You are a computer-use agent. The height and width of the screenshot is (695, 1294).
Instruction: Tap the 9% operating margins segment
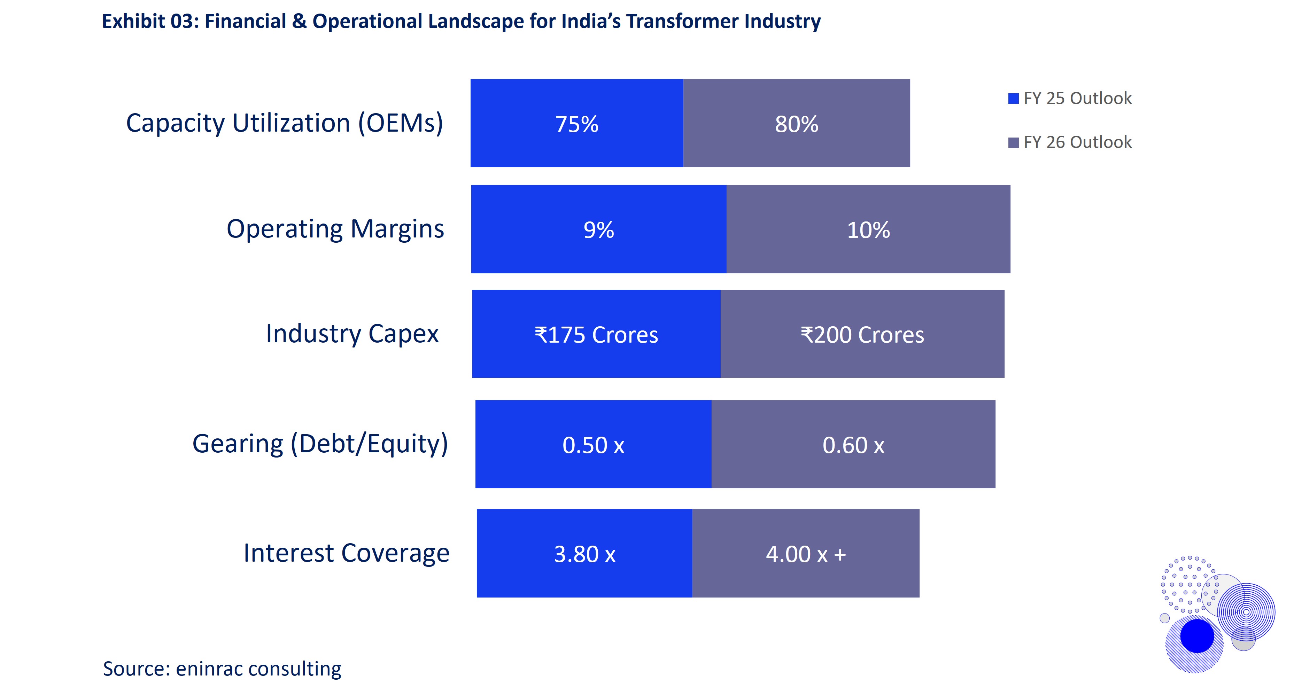click(598, 229)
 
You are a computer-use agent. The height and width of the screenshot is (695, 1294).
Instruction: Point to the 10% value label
click(868, 230)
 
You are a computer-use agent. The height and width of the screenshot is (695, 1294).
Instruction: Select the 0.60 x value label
click(853, 445)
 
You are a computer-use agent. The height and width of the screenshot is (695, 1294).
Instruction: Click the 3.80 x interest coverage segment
click(584, 554)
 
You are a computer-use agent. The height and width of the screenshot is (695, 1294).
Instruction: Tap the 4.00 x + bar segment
click(806, 554)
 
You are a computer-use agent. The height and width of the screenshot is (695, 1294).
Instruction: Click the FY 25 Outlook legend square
click(1013, 99)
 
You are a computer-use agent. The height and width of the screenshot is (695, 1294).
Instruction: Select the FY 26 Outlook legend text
click(1077, 142)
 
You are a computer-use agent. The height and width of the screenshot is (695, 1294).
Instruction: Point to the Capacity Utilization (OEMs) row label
click(284, 123)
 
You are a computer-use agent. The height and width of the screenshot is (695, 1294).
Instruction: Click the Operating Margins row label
click(335, 229)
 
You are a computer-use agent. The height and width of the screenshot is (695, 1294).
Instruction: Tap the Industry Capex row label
click(352, 334)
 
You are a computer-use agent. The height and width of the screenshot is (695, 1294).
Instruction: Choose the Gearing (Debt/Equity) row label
click(320, 444)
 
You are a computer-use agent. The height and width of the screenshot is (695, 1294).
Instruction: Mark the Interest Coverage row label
click(346, 553)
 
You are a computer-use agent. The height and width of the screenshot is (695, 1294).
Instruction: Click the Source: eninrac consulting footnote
click(222, 669)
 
